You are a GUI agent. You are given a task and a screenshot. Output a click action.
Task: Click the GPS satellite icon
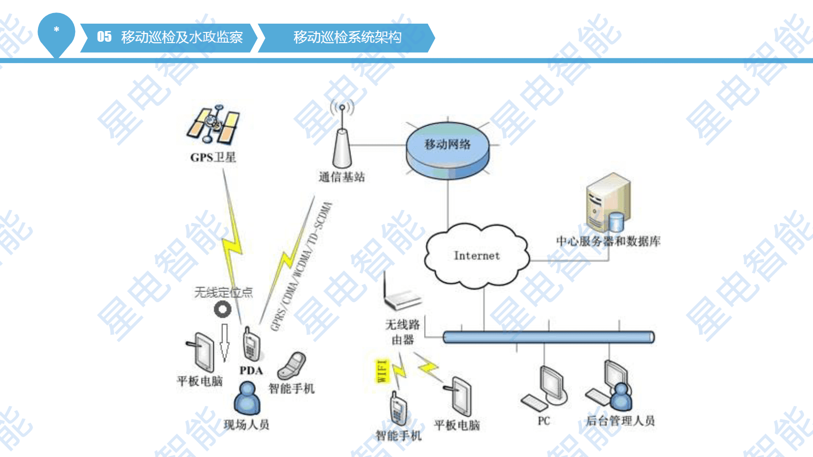click(213, 124)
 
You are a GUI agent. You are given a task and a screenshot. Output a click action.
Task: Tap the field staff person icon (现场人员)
click(247, 398)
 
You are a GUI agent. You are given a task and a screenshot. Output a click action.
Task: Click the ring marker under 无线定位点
click(222, 309)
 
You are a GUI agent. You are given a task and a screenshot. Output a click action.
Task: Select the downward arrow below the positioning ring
click(224, 343)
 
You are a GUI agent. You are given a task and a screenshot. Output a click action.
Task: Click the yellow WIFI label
click(381, 371)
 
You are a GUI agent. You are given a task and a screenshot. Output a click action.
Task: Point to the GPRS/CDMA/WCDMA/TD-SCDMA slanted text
click(301, 267)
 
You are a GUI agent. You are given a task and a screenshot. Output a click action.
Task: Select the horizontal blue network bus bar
click(549, 337)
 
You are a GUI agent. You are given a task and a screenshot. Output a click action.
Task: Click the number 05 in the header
click(104, 37)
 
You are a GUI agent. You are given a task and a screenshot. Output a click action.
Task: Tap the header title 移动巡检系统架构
click(348, 37)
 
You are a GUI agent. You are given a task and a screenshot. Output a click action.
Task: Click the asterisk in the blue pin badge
click(57, 30)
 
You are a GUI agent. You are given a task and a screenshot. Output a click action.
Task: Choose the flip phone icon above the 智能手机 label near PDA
click(292, 366)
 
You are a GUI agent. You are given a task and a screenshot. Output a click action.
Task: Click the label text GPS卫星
click(213, 157)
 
